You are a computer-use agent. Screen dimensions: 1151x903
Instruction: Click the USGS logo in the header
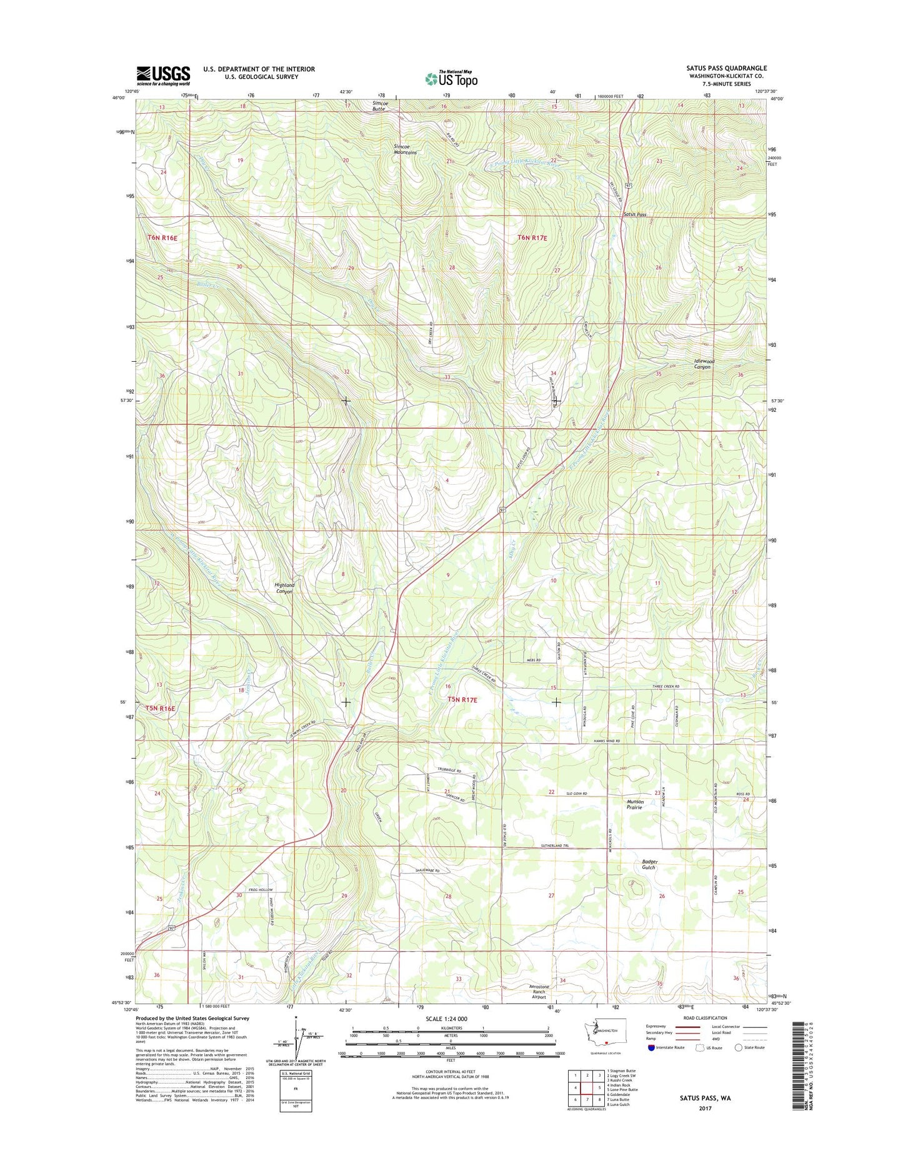pos(163,76)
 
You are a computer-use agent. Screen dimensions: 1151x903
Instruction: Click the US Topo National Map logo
pos(451,78)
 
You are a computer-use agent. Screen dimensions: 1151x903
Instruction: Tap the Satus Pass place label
pos(634,214)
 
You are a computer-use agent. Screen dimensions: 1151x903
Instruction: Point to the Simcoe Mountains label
pos(405,149)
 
